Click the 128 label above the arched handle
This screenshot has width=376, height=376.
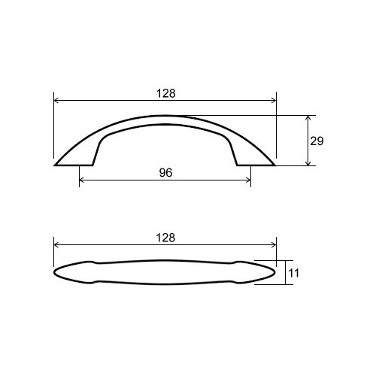(165, 93)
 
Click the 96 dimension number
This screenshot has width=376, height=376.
(165, 172)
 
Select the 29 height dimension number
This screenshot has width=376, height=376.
(316, 141)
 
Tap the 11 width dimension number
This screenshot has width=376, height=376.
(294, 273)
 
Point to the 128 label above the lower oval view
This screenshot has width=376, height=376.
(165, 237)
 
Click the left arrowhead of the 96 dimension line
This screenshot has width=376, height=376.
(82, 180)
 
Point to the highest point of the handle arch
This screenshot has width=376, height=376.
(165, 116)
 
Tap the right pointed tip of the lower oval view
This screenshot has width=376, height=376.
(275, 271)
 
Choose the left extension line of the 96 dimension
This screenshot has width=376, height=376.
(79, 174)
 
